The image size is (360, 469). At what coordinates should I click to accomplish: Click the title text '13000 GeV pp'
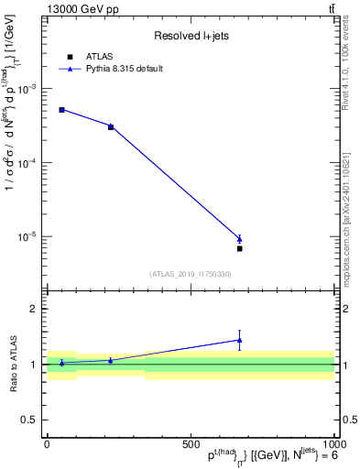pyautogui.click(x=82, y=9)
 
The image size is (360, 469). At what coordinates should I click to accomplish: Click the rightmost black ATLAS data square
pyautogui.click(x=239, y=248)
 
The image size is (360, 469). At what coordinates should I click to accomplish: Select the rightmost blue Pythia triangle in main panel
pyautogui.click(x=239, y=238)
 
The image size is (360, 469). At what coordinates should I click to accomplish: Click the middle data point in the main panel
pyautogui.click(x=111, y=126)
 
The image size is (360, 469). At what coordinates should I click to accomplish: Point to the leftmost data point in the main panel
pyautogui.click(x=61, y=110)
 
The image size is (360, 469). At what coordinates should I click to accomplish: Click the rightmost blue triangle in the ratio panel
pyautogui.click(x=239, y=340)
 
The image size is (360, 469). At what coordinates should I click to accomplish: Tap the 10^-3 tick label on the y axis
pyautogui.click(x=27, y=89)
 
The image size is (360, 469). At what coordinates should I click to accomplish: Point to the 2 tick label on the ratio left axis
pyautogui.click(x=33, y=310)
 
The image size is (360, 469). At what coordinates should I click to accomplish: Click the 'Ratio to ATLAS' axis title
pyautogui.click(x=13, y=365)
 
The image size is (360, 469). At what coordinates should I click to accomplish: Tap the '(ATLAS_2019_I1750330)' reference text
pyautogui.click(x=190, y=274)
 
